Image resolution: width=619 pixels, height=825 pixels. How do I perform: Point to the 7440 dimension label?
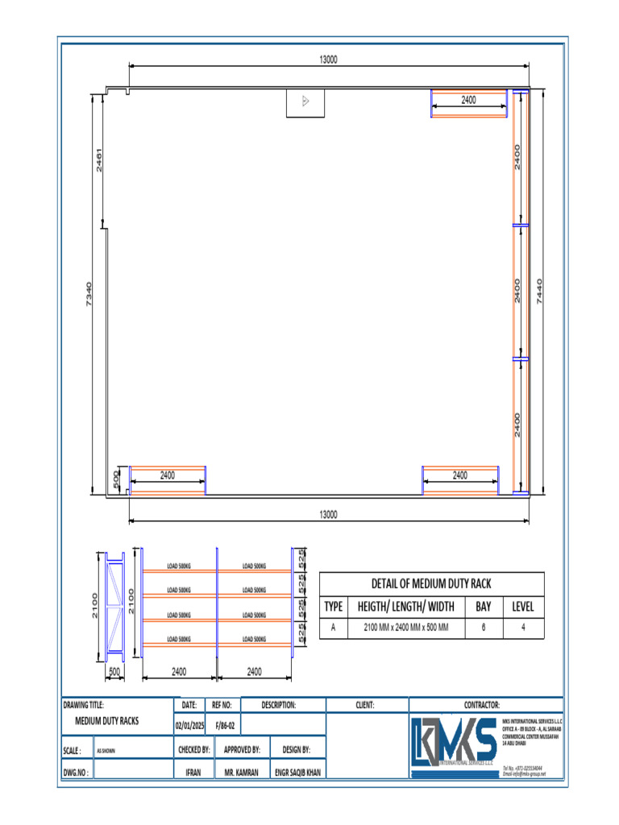(x=540, y=292)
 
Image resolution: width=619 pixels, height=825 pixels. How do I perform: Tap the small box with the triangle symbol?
(x=305, y=102)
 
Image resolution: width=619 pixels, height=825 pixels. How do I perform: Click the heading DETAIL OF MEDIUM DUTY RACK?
(x=431, y=583)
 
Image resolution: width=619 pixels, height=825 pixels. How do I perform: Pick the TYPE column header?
(x=334, y=607)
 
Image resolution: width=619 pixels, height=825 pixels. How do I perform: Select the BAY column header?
(x=483, y=607)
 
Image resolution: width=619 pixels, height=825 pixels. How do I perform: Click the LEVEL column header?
(x=523, y=607)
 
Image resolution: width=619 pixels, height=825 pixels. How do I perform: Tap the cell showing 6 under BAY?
(x=483, y=628)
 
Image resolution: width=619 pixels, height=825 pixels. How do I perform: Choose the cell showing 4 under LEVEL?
(x=523, y=628)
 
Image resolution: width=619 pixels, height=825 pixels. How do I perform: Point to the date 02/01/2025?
(x=189, y=725)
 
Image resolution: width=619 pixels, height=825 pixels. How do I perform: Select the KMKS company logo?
(x=453, y=740)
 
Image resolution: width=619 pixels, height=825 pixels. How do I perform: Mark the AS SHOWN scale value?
(x=106, y=750)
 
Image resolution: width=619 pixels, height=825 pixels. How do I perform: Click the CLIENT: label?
(x=365, y=704)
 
